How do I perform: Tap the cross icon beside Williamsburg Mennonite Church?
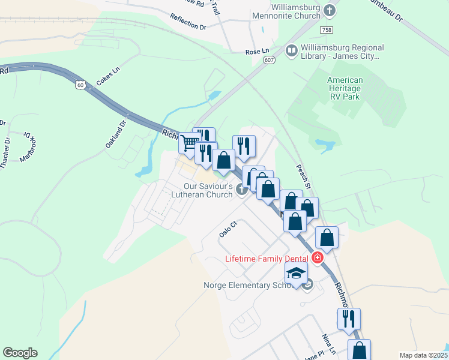coord(330,10)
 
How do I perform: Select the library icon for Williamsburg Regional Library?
coord(292,50)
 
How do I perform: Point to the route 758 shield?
coord(326,29)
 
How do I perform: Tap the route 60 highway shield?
coord(80,85)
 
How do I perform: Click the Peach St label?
coord(303,177)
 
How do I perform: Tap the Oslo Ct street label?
coord(229,229)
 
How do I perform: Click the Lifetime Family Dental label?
coord(266,259)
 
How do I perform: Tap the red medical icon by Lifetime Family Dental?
coord(316,259)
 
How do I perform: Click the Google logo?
coord(20,353)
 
